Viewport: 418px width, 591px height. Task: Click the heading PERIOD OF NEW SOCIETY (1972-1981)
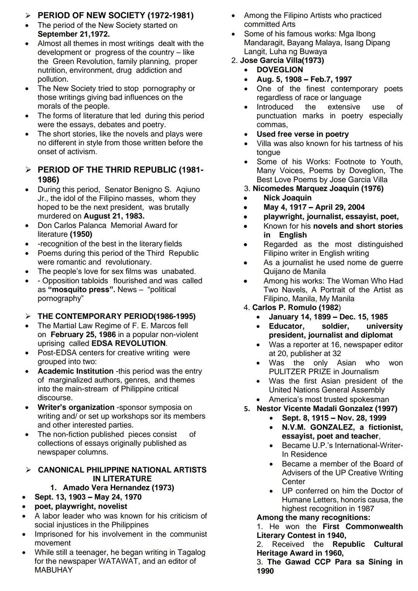click(115, 15)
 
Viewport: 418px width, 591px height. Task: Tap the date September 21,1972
click(74, 34)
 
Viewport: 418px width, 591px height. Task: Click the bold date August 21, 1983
click(114, 216)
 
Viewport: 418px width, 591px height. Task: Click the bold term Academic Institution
click(75, 371)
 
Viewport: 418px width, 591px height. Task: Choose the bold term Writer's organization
click(76, 407)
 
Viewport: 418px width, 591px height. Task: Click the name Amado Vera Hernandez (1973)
click(118, 488)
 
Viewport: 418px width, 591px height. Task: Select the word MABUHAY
click(53, 570)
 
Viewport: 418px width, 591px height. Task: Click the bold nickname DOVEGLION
click(280, 70)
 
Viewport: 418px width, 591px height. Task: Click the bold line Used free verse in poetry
click(303, 134)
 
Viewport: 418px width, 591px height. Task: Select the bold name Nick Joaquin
click(288, 198)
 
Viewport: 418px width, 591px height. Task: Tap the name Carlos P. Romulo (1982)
click(296, 307)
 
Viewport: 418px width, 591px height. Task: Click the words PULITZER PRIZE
click(300, 372)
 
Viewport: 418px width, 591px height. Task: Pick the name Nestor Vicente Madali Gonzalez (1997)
click(327, 409)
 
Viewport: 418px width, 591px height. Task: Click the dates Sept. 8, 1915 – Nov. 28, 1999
click(334, 418)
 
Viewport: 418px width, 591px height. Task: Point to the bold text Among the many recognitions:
click(313, 517)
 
